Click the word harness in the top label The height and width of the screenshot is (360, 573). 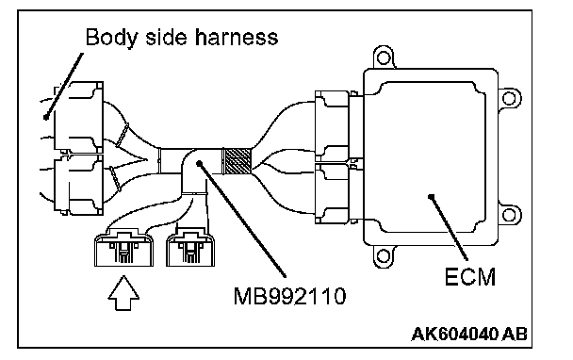(237, 37)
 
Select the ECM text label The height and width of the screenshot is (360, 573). (470, 277)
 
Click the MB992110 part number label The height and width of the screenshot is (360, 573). (289, 296)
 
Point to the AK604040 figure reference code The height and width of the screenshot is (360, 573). (454, 334)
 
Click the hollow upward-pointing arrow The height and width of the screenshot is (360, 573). (123, 293)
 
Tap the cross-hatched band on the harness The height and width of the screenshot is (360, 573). (237, 160)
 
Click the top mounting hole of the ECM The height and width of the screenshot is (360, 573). (383, 57)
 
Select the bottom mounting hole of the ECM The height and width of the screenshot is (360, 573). (383, 255)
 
